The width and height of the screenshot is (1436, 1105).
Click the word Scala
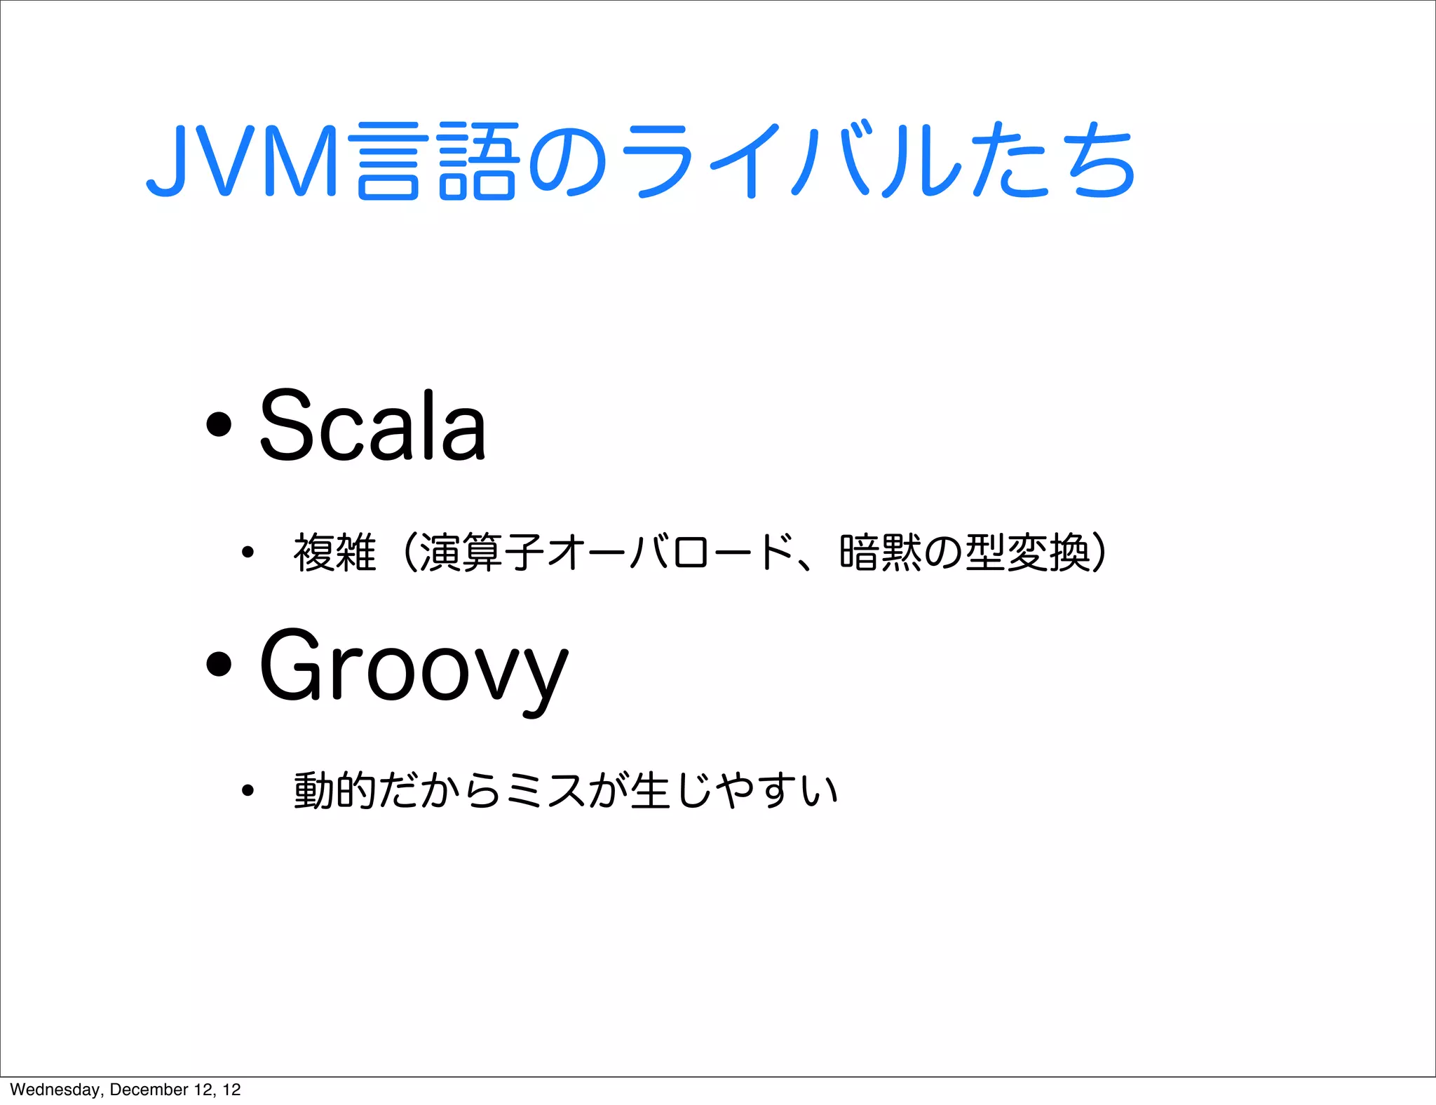tap(372, 425)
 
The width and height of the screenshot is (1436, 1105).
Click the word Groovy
tap(414, 666)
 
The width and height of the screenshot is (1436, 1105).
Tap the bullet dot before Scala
tap(219, 423)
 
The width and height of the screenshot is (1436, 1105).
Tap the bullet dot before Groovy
tap(219, 663)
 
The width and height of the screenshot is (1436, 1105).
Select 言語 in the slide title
tap(438, 161)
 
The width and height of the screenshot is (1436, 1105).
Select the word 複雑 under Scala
tap(335, 552)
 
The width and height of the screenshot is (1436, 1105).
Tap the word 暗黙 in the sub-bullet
tap(881, 552)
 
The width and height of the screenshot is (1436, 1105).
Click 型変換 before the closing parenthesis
tap(1028, 552)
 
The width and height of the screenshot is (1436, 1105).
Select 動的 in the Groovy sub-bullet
tap(335, 790)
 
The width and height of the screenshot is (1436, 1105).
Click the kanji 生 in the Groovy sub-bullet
tap(650, 790)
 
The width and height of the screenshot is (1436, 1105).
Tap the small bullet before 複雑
tap(247, 552)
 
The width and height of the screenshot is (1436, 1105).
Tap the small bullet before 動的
tap(247, 791)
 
